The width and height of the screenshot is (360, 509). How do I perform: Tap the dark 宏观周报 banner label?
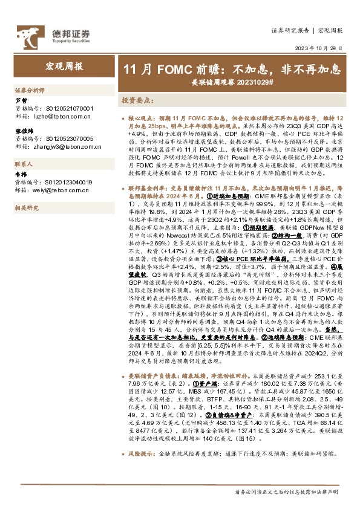65,67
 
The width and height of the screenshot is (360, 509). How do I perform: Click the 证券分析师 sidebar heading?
30,89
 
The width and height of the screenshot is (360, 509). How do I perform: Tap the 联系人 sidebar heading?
24,164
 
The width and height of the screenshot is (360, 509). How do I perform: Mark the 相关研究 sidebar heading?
27,208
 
